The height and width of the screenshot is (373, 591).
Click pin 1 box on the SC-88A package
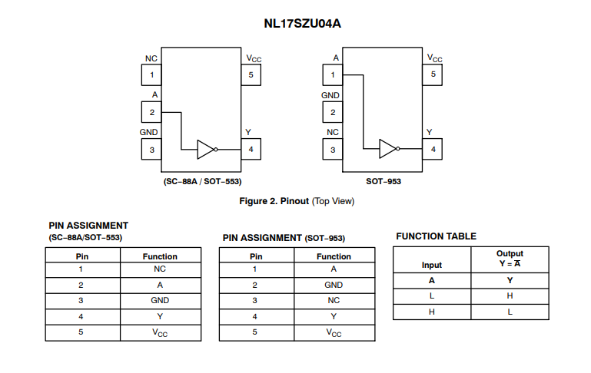click(x=151, y=75)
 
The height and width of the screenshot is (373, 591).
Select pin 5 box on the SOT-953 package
click(x=433, y=74)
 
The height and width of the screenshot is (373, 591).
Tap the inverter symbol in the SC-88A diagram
click(x=207, y=150)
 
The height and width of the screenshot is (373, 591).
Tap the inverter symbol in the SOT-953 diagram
click(x=389, y=150)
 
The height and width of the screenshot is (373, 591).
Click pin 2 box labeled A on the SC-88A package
click(x=151, y=113)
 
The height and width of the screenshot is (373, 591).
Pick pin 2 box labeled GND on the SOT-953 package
click(x=333, y=113)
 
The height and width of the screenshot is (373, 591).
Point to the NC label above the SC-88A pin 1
click(x=151, y=58)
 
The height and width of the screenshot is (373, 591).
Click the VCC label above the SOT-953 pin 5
click(x=434, y=58)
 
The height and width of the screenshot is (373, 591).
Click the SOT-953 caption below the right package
click(x=383, y=182)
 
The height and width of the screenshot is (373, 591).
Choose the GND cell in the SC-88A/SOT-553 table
click(x=160, y=300)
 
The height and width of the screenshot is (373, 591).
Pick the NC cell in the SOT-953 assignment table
click(x=334, y=300)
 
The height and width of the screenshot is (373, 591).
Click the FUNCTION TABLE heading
click(x=436, y=236)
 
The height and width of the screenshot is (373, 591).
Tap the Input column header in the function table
click(x=432, y=265)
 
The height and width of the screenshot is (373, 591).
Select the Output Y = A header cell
click(x=510, y=259)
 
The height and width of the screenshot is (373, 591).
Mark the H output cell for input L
click(x=510, y=296)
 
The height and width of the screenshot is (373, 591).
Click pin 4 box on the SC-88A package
click(x=251, y=150)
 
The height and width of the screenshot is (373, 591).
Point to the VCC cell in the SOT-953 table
click(x=334, y=332)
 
